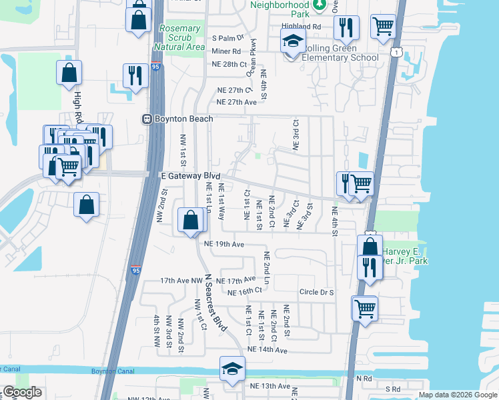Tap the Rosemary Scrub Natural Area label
(179, 38)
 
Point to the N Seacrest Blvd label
(216, 303)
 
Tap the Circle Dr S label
(316, 292)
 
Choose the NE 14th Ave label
(267, 349)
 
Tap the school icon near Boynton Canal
(232, 369)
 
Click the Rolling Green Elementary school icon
(292, 41)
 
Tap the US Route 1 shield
(398, 53)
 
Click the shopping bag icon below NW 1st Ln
(191, 220)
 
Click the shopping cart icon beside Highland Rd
(383, 27)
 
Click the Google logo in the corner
(23, 393)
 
